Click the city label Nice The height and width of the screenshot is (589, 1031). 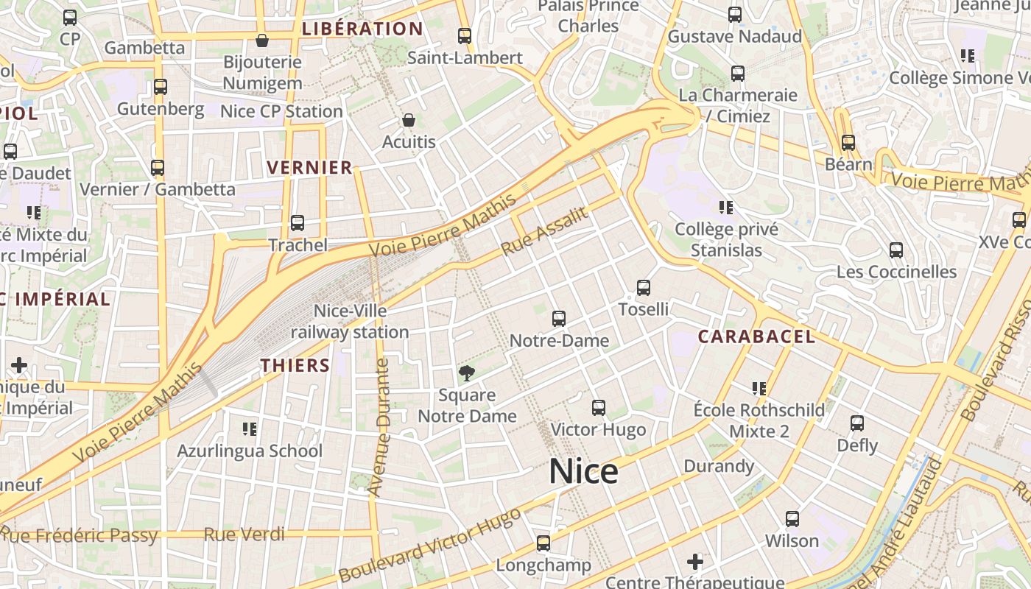click(x=583, y=472)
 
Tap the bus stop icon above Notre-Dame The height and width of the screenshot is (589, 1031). click(x=559, y=319)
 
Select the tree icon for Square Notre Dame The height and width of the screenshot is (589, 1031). click(x=466, y=373)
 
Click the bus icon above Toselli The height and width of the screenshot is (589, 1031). click(x=644, y=288)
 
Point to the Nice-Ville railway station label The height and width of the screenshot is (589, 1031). click(x=350, y=322)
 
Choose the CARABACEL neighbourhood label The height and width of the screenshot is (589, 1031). click(x=756, y=337)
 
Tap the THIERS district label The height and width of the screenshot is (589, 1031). click(x=295, y=365)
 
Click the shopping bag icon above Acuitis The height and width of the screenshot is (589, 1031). click(x=409, y=120)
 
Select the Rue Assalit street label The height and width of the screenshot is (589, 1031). click(x=545, y=231)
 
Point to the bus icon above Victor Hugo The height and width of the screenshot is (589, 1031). click(x=599, y=408)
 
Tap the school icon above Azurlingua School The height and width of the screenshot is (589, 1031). click(x=250, y=428)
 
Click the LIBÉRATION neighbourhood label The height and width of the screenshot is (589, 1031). click(x=362, y=29)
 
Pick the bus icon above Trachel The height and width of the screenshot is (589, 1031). click(x=298, y=222)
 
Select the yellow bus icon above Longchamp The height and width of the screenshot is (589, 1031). click(x=543, y=543)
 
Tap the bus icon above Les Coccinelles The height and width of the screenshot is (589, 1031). click(x=896, y=250)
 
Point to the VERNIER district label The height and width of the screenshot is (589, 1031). click(x=310, y=168)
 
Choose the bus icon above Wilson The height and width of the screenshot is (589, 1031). click(x=792, y=519)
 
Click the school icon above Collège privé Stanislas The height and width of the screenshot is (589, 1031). click(x=727, y=208)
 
